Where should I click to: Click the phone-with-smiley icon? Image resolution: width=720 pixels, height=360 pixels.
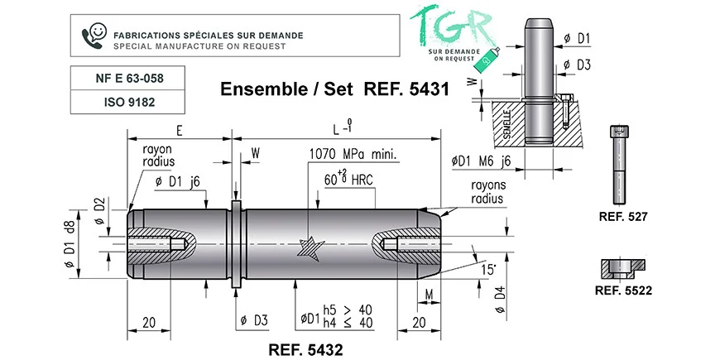pos(94,36)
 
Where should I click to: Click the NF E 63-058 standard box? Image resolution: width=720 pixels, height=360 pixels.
pos(127,78)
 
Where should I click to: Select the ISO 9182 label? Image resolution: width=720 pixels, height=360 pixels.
pos(129,102)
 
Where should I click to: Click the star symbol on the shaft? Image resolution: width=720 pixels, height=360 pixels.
pos(310,248)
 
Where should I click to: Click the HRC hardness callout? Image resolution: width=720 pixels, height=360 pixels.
pos(348,179)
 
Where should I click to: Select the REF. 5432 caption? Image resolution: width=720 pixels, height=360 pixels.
pos(305,350)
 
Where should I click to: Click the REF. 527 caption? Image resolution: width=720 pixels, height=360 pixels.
pos(623,217)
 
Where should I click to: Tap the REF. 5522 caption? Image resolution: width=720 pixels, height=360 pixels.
pos(623,290)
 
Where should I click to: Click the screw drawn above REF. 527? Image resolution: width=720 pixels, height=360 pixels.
pos(618,165)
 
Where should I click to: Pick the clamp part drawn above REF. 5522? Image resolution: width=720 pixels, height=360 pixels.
pos(623,269)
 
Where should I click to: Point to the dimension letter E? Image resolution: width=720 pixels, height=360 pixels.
pos(180,131)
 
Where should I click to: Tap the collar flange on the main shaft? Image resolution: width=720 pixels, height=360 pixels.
pos(236,244)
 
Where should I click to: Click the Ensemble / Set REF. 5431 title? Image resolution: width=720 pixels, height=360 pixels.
pos(334,89)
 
